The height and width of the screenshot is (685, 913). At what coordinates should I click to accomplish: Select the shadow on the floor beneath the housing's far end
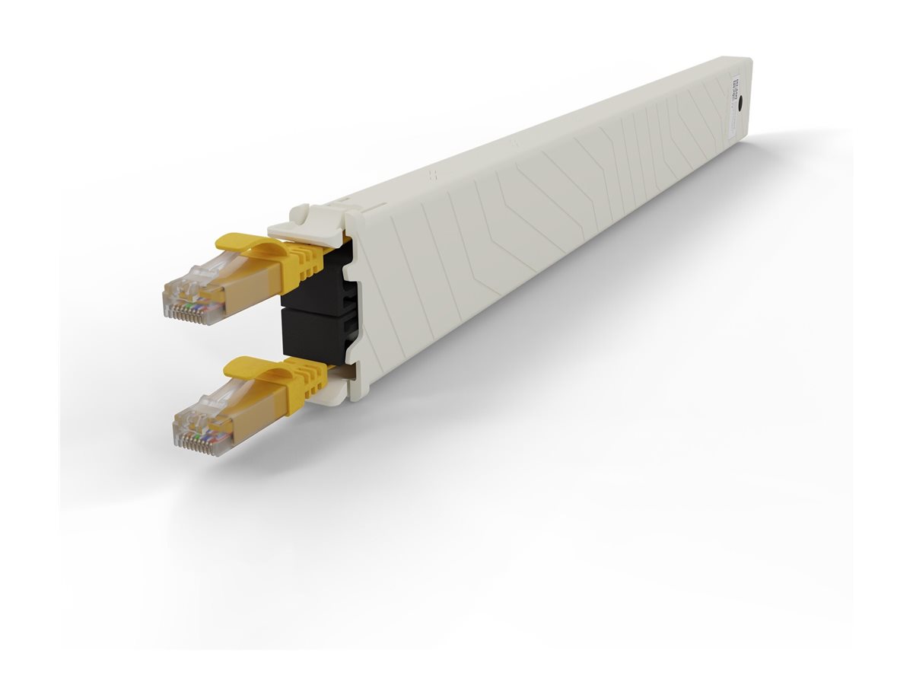(799, 152)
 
